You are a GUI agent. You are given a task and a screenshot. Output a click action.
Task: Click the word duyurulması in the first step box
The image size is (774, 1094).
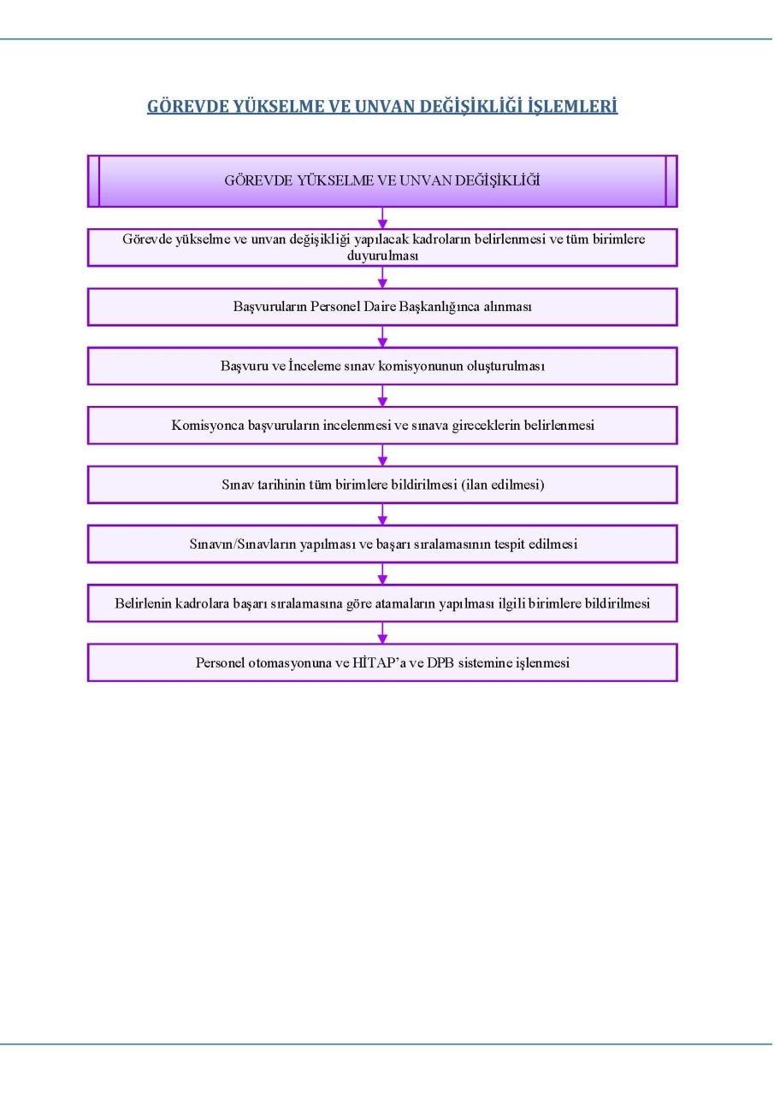click(382, 256)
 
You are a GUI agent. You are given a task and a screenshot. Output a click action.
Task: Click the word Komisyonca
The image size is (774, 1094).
click(208, 426)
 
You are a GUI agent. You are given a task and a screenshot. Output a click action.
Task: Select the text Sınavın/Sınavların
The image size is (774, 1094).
click(242, 544)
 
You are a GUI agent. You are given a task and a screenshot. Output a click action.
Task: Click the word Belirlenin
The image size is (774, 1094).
click(143, 603)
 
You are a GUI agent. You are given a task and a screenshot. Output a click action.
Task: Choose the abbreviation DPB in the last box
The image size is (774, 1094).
click(440, 662)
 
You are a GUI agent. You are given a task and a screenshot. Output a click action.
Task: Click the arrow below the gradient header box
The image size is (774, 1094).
click(382, 218)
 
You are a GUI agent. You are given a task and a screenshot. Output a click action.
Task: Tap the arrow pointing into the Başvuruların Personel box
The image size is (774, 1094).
click(382, 278)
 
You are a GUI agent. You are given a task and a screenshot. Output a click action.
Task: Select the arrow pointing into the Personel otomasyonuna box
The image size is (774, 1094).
click(382, 633)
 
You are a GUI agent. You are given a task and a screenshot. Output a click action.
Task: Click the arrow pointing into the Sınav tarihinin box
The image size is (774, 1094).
click(382, 456)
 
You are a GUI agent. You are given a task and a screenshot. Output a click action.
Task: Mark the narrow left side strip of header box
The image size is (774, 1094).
click(93, 181)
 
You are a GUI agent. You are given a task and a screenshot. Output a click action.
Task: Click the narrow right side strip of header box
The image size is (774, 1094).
click(671, 181)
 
